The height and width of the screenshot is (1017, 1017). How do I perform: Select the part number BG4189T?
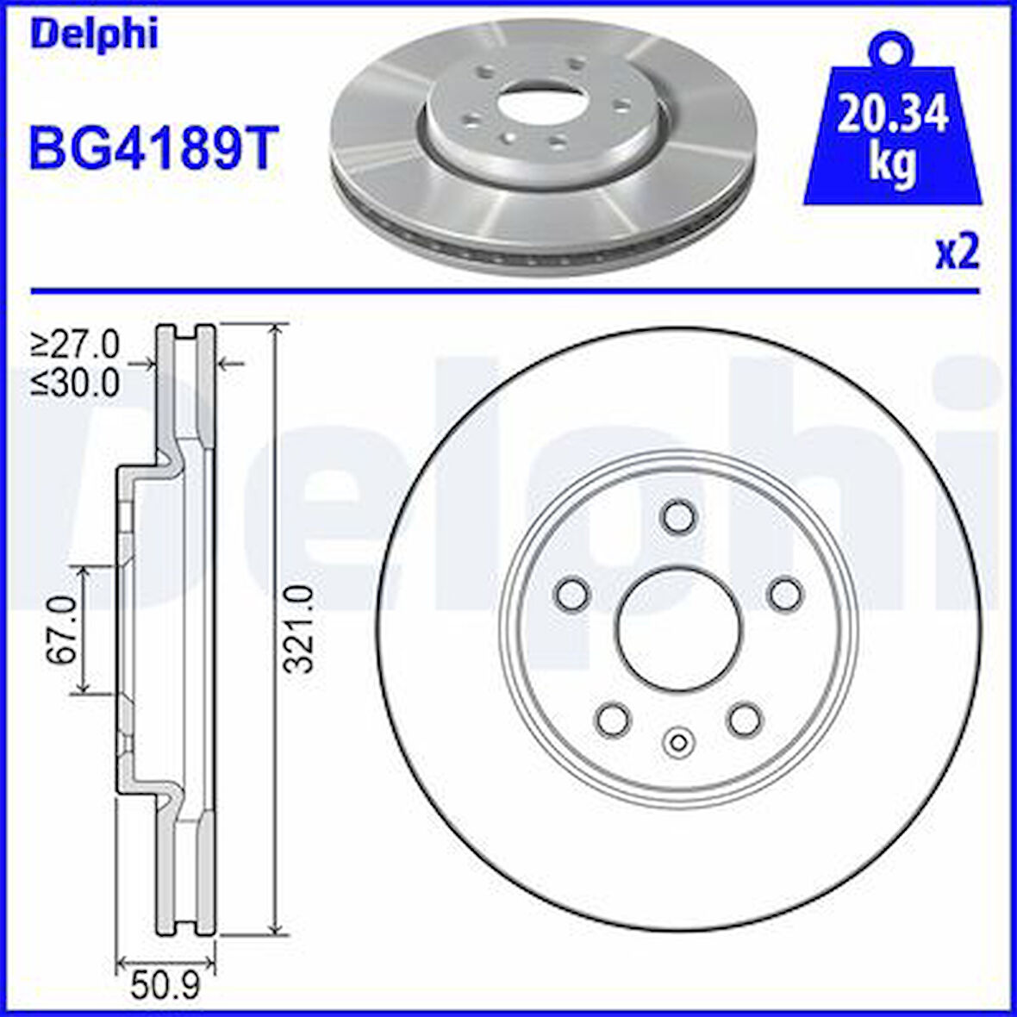click(153, 147)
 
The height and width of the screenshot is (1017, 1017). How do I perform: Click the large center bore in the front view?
click(679, 630)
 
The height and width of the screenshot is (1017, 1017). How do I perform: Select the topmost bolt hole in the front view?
click(678, 516)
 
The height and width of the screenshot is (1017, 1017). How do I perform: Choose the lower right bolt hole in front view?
click(745, 720)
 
